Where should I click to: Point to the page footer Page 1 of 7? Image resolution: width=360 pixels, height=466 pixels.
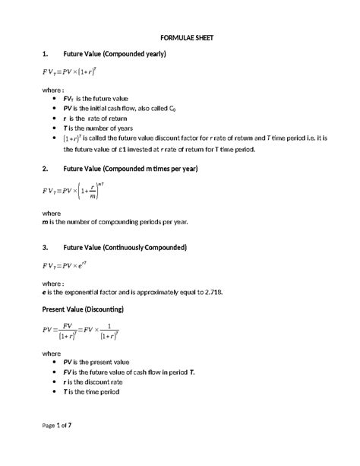coord(57,445)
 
